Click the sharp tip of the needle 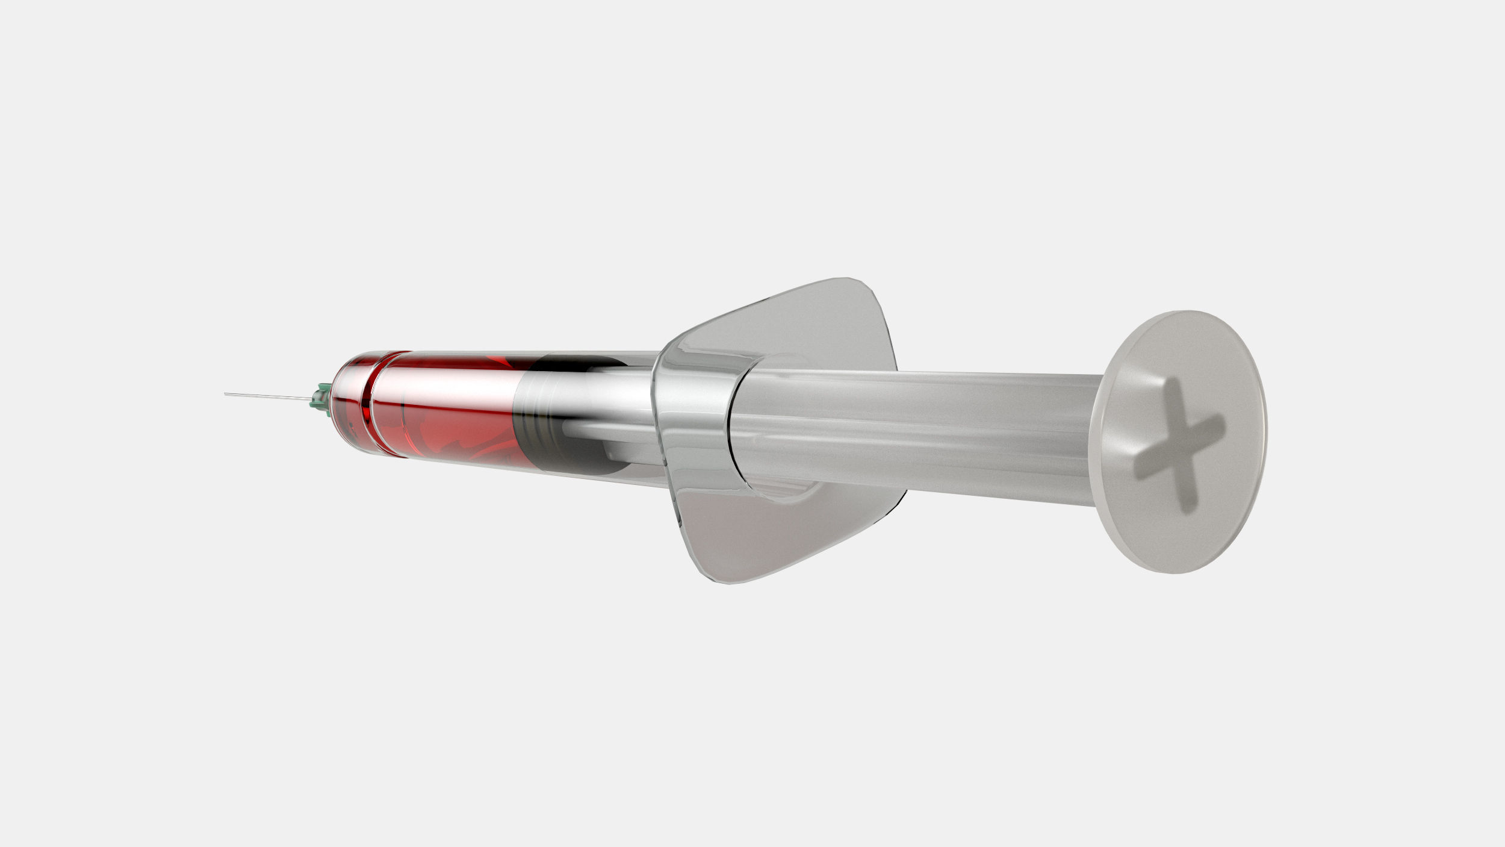[225, 394]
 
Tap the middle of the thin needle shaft [268, 396]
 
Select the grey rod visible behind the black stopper [608, 431]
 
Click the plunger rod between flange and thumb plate [915, 434]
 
